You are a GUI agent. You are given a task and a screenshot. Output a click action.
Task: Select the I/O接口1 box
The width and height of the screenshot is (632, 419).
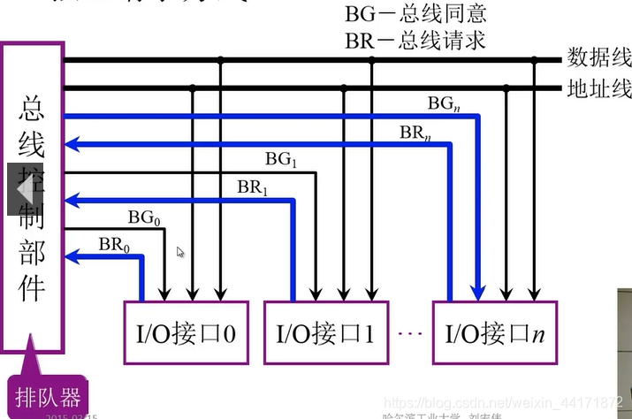326,332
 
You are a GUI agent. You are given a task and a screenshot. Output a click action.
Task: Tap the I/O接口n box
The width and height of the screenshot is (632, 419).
494,332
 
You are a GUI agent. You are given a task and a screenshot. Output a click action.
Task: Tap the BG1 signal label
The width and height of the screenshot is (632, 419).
282,159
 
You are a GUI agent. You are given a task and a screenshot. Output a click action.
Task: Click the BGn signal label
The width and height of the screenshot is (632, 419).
444,103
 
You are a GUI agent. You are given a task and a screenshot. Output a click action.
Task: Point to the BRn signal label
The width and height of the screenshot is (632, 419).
415,133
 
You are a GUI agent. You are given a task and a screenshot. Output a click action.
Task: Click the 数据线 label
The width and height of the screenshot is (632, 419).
598,58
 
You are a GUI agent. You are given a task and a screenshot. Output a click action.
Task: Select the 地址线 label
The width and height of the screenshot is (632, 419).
598,88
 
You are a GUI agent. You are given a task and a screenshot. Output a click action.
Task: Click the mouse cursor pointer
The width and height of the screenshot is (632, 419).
180,252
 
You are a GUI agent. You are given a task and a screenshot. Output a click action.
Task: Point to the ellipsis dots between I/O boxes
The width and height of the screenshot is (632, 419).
409,334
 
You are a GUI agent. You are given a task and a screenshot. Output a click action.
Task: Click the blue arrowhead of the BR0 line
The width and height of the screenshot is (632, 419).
74,257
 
